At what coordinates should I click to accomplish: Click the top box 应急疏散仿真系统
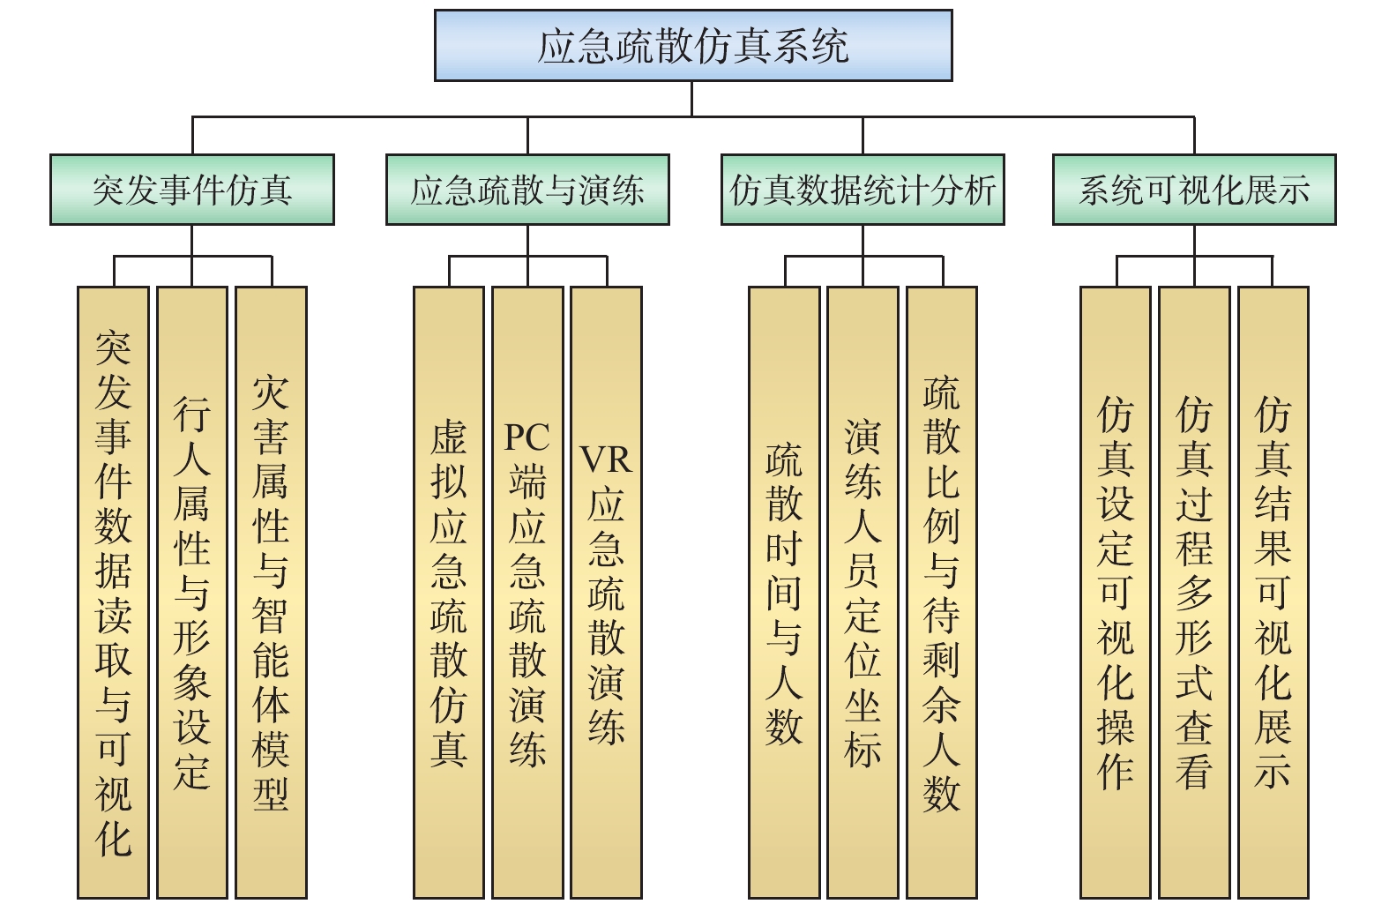(693, 46)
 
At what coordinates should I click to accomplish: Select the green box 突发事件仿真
(192, 190)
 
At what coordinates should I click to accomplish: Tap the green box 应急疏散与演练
(527, 190)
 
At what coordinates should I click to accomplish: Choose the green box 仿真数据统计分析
(863, 190)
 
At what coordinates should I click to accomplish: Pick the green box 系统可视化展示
(1194, 190)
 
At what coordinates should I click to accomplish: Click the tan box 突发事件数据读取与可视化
(113, 592)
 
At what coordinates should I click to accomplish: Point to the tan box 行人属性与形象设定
(191, 592)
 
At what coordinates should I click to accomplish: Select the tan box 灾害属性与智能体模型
(271, 592)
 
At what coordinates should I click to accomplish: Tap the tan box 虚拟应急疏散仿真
(449, 592)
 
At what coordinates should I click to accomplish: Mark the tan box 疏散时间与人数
(784, 592)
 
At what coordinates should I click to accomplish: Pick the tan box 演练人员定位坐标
(863, 592)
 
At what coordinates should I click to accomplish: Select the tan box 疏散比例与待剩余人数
(942, 592)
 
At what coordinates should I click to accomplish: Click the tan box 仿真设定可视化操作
(1116, 592)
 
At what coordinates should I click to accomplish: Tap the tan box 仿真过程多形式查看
(1194, 592)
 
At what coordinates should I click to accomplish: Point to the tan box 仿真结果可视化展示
(1273, 592)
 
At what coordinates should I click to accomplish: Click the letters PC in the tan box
(526, 437)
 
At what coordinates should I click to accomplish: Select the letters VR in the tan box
(606, 460)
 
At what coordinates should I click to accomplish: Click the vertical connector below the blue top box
(691, 99)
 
